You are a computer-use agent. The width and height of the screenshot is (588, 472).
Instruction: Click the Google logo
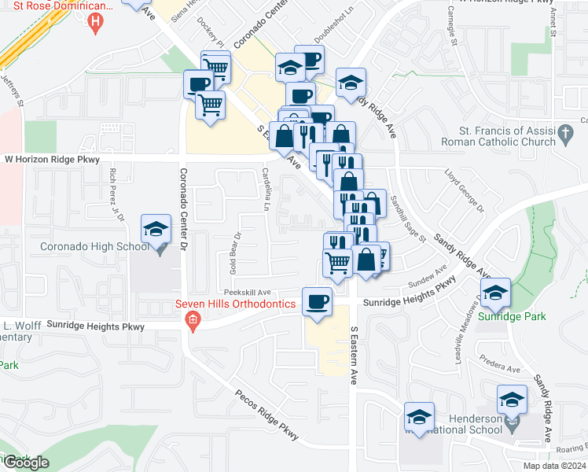pyautogui.click(x=25, y=463)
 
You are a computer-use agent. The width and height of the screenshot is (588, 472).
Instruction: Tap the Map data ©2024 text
pyautogui.click(x=553, y=466)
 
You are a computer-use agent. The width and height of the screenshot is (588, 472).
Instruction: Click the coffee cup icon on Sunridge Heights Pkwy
pyautogui.click(x=318, y=301)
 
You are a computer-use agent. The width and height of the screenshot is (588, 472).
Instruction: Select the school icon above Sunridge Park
pyautogui.click(x=495, y=293)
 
